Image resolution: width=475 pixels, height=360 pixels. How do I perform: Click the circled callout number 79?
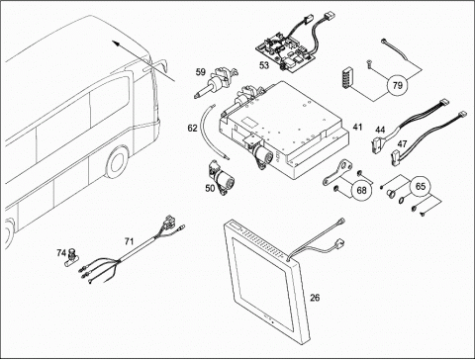[398, 85]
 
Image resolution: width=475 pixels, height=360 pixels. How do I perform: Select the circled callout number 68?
[362, 190]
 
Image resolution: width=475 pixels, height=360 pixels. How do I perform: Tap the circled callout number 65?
[421, 187]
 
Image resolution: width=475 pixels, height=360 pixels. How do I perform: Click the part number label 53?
[264, 65]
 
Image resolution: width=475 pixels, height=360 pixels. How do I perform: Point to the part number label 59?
[201, 72]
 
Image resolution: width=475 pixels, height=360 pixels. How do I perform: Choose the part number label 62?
[192, 128]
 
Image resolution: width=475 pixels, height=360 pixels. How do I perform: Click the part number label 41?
[357, 127]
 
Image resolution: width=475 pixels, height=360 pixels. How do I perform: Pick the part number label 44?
[380, 130]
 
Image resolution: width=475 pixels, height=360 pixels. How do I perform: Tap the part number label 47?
[402, 144]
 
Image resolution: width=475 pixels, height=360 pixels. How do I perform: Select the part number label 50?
[210, 188]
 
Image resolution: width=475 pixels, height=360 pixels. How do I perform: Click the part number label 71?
[129, 241]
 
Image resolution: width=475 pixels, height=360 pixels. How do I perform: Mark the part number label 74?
[61, 253]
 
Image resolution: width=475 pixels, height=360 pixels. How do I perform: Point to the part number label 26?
[315, 298]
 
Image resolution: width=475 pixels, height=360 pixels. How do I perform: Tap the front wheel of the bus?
[117, 162]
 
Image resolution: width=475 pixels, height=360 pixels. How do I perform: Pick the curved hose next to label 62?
[215, 131]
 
